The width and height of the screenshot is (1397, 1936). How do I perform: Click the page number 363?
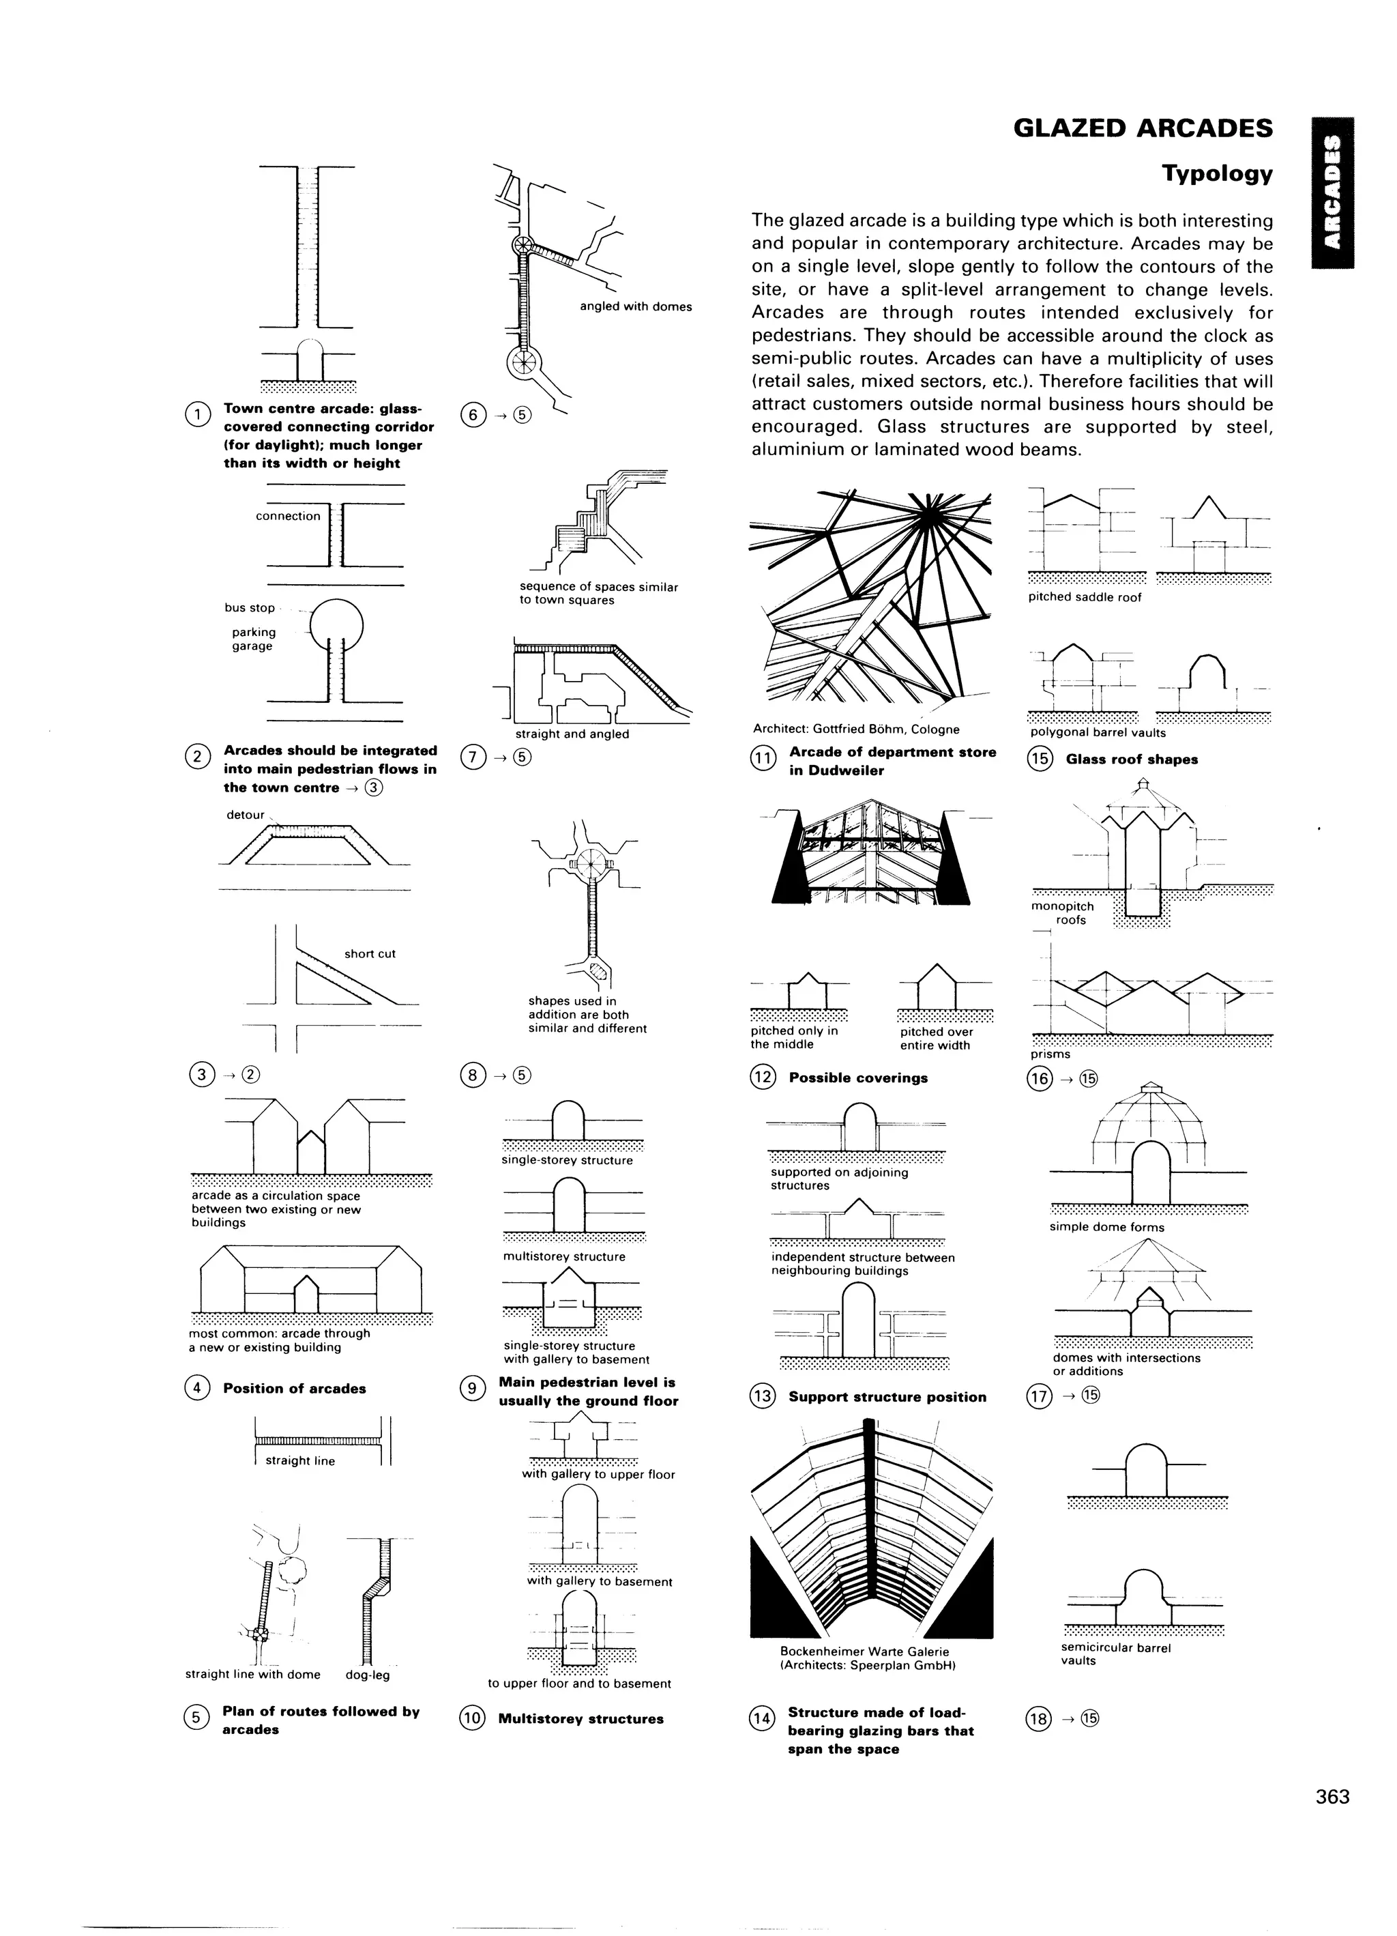1332,1797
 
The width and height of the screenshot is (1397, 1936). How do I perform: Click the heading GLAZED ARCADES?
1143,129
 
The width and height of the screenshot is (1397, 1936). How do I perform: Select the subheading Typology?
1216,174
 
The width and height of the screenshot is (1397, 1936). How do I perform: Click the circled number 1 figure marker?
197,414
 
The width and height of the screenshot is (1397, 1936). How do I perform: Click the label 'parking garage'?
254,639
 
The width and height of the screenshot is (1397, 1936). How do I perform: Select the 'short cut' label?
370,953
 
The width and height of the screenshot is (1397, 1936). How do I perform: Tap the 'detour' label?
245,815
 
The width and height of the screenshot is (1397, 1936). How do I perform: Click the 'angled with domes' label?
635,306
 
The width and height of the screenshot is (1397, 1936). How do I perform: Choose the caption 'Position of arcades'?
295,1389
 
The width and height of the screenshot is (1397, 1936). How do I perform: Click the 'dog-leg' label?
367,1675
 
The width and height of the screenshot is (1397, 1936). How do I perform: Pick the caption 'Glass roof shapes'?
1131,760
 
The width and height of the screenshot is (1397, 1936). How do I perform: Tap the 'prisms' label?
1050,1054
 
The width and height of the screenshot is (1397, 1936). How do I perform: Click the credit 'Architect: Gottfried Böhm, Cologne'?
855,730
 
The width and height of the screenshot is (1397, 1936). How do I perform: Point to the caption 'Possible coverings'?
857,1078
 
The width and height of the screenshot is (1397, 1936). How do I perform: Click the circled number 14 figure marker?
761,1717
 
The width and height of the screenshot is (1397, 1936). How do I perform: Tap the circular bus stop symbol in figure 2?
336,626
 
